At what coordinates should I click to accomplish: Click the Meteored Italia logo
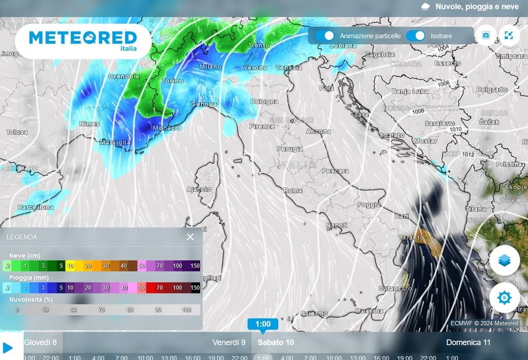(83, 40)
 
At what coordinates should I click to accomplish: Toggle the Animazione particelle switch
(325, 36)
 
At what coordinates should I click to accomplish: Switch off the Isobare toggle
(416, 36)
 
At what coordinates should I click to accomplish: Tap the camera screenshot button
(485, 36)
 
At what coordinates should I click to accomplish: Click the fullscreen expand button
(509, 36)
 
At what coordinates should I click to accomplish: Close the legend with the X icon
(190, 237)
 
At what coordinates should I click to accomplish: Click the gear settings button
(504, 297)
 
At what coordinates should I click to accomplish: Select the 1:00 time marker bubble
(262, 324)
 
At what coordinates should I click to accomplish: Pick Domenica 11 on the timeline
(468, 342)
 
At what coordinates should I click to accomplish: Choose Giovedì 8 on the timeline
(41, 342)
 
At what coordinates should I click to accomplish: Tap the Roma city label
(293, 190)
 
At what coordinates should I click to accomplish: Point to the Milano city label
(210, 67)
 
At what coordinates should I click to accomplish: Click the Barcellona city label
(35, 207)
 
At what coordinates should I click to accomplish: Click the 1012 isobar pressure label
(454, 154)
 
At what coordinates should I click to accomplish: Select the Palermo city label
(314, 313)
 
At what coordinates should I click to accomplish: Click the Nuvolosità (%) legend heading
(31, 299)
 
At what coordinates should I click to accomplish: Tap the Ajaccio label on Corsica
(199, 189)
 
